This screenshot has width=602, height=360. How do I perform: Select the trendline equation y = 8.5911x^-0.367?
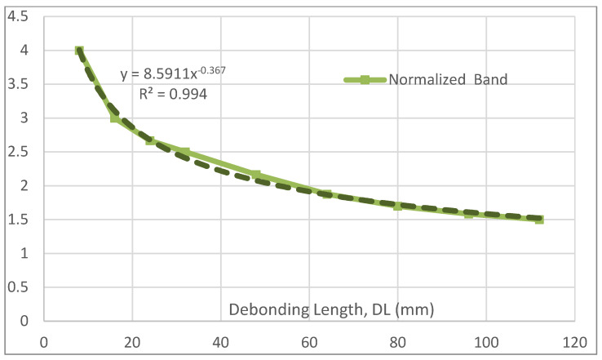[173, 75]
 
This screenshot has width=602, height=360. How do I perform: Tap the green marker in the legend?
[365, 79]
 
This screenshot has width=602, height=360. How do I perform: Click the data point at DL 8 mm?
[79, 51]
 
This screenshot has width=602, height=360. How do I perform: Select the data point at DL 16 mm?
[115, 118]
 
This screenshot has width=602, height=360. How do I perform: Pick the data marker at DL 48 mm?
[256, 175]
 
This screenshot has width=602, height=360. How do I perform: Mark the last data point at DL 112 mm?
[539, 220]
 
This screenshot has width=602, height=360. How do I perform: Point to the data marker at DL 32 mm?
[186, 153]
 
